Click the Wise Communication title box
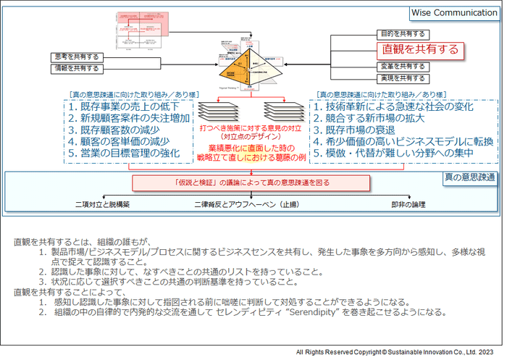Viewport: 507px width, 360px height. click(455, 12)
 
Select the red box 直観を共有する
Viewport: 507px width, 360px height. click(422, 49)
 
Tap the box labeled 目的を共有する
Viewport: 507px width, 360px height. click(403, 33)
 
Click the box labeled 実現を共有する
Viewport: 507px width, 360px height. click(403, 78)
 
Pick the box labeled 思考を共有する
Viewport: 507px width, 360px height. click(75, 56)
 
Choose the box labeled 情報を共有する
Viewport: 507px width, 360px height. click(75, 67)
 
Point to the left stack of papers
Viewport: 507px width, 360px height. click(217, 111)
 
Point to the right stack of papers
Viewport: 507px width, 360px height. click(284, 111)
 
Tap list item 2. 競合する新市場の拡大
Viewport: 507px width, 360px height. click(374, 118)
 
